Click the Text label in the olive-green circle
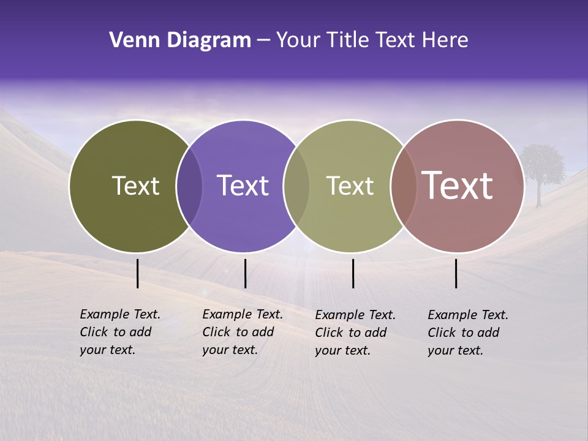135,186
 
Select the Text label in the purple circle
243,186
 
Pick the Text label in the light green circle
350,186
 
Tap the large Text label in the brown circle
457,186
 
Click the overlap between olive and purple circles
189,186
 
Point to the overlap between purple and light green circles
296,186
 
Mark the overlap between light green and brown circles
403,186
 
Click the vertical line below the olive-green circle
137,273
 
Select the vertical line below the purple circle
245,273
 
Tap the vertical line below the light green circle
353,273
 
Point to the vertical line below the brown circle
456,273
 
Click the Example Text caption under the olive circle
119,332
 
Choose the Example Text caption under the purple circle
242,332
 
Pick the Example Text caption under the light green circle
355,333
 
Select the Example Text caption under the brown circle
467,333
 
